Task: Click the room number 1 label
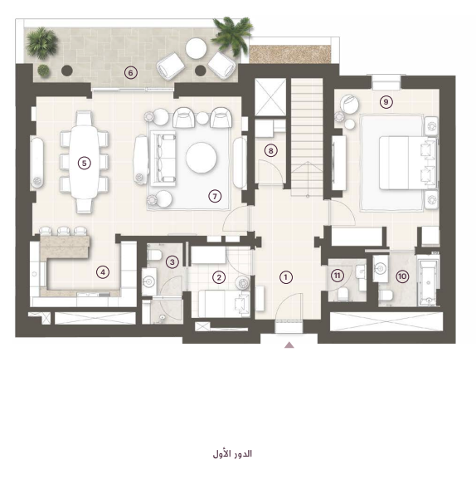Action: tap(285, 277)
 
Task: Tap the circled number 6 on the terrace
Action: tap(131, 73)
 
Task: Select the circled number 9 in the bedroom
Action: tap(386, 102)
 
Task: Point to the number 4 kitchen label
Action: tap(103, 272)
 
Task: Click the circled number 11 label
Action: tap(337, 276)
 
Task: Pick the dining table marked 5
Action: tap(85, 163)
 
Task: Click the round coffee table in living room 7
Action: tap(202, 158)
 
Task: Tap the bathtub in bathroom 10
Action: tap(428, 282)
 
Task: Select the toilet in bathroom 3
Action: tap(154, 255)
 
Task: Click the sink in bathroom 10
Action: tap(380, 269)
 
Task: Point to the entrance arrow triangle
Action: tap(289, 345)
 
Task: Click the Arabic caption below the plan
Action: tap(232, 453)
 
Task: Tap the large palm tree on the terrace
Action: tap(232, 34)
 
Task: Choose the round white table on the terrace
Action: tap(196, 48)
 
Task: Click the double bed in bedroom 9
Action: tap(408, 163)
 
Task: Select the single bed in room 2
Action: tap(224, 304)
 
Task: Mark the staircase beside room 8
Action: tap(307, 137)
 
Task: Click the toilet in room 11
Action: tap(343, 294)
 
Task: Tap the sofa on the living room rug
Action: tap(163, 159)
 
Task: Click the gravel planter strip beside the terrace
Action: tap(290, 54)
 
